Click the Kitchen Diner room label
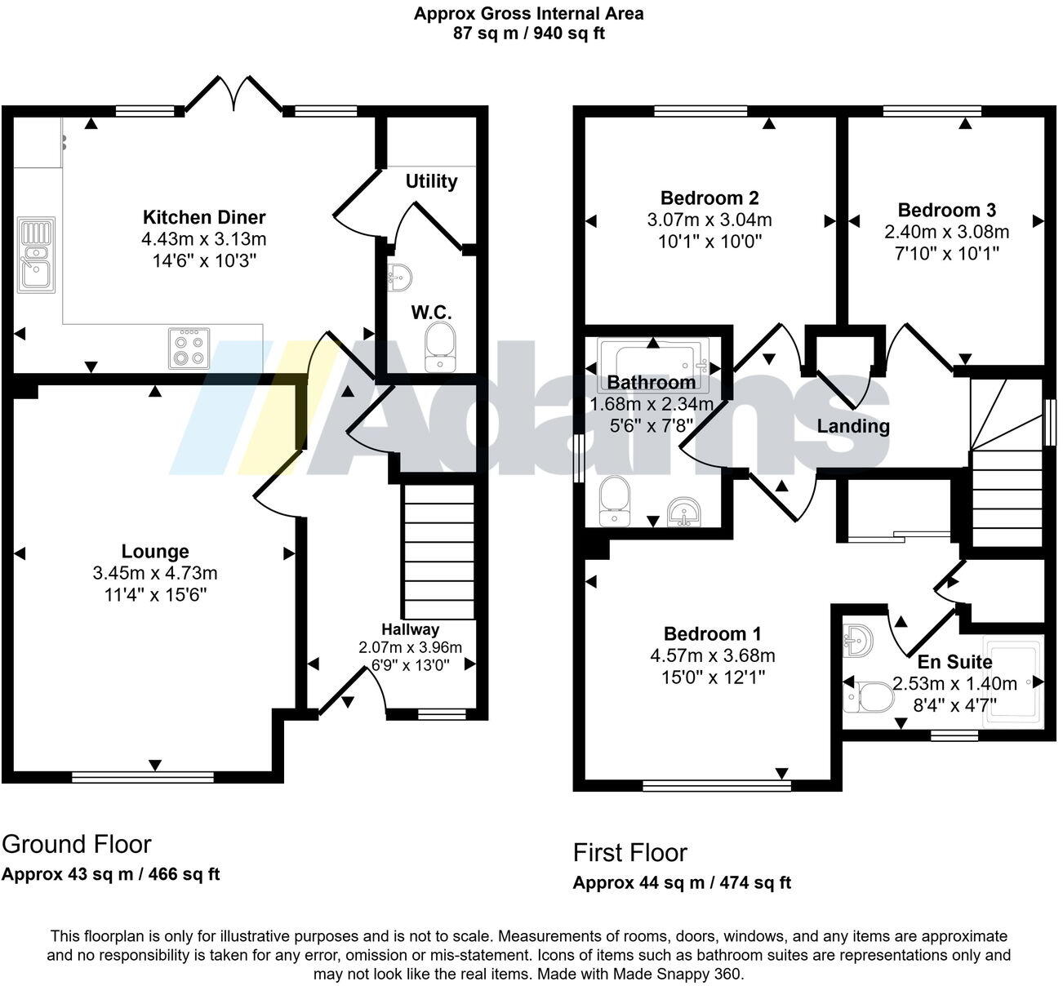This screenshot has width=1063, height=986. coord(204,217)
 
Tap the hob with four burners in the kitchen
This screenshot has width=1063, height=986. coord(189,349)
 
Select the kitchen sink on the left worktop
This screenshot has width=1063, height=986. coord(36,254)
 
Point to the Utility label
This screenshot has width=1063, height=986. coord(431,181)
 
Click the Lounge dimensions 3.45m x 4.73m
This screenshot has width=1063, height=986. coord(155,574)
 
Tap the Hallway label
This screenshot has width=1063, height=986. coord(410,629)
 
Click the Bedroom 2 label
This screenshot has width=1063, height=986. coord(709,198)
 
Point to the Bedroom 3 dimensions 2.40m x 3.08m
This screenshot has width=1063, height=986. coord(947,232)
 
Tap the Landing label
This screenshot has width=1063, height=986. coord(853,426)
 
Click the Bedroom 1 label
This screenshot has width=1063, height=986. coord(712,634)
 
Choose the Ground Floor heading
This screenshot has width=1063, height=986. coord(77,844)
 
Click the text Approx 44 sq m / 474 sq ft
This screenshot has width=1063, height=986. coord(682,882)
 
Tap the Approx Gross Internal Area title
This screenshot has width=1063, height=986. coord(528,13)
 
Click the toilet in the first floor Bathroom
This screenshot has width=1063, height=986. coord(613,502)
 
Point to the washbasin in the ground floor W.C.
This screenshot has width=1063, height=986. coord(401,278)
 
